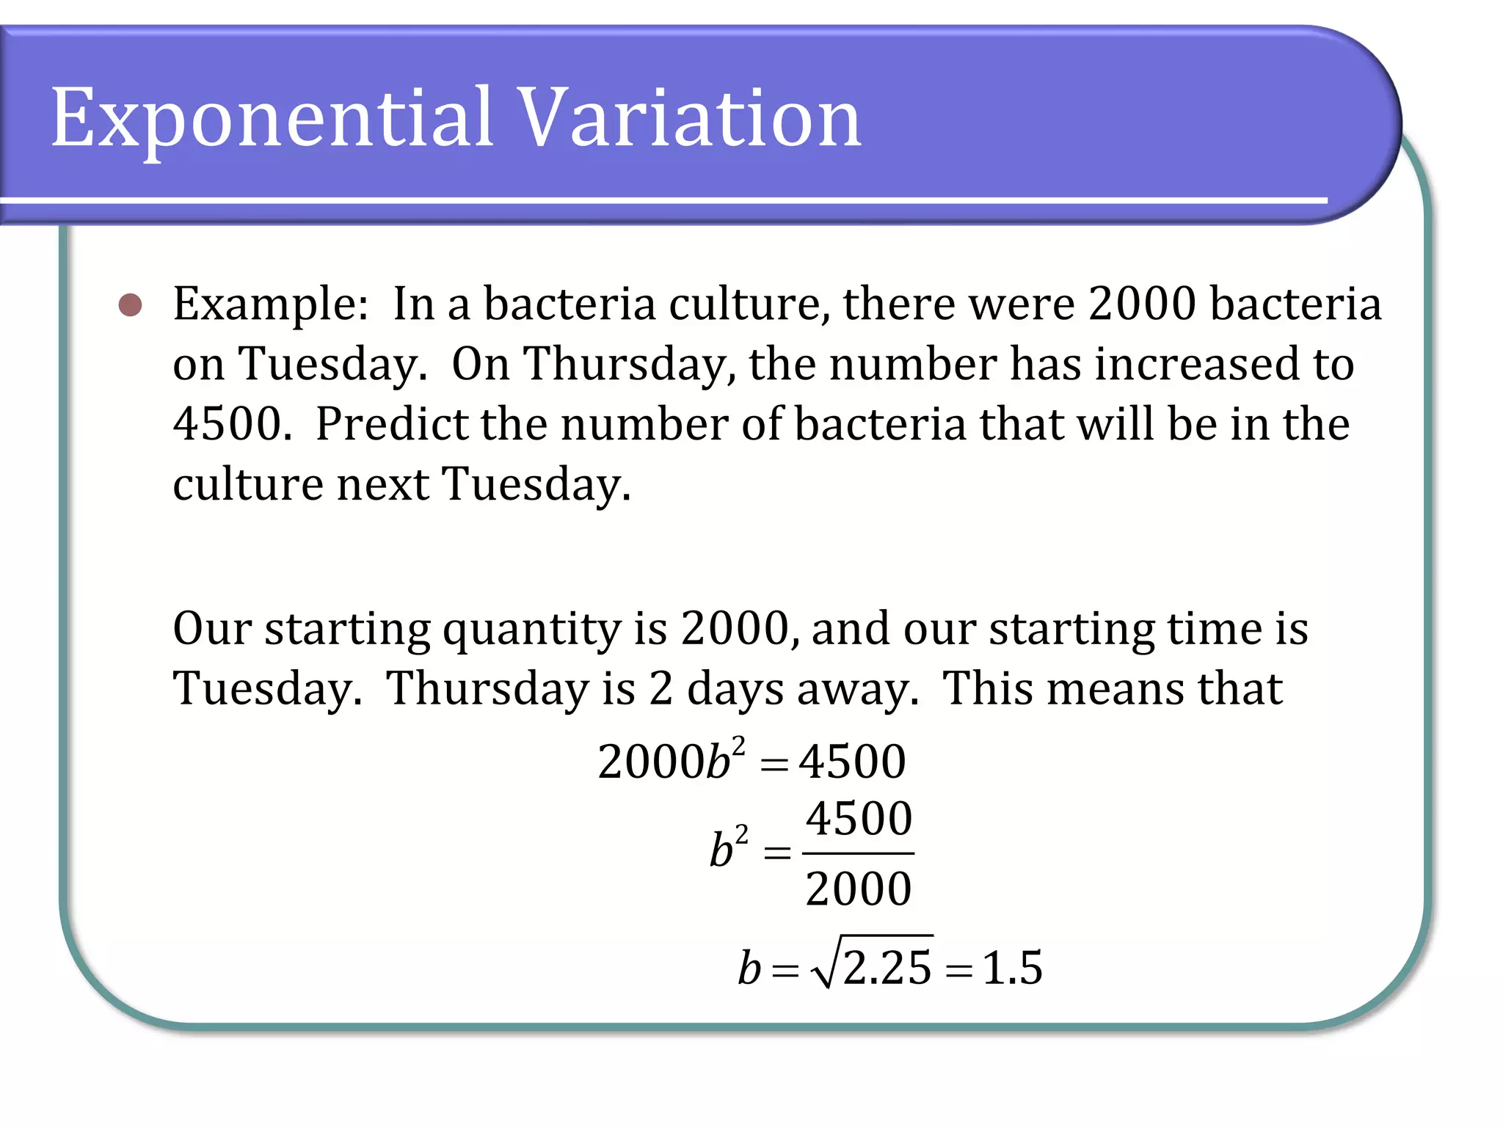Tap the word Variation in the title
(x=690, y=117)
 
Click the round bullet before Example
(x=131, y=304)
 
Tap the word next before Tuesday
(x=382, y=484)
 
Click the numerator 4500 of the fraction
(x=859, y=819)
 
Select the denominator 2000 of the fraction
(x=858, y=889)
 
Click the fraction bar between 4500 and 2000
(x=858, y=853)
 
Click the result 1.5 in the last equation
(x=1012, y=968)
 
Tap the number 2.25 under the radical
(x=887, y=968)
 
